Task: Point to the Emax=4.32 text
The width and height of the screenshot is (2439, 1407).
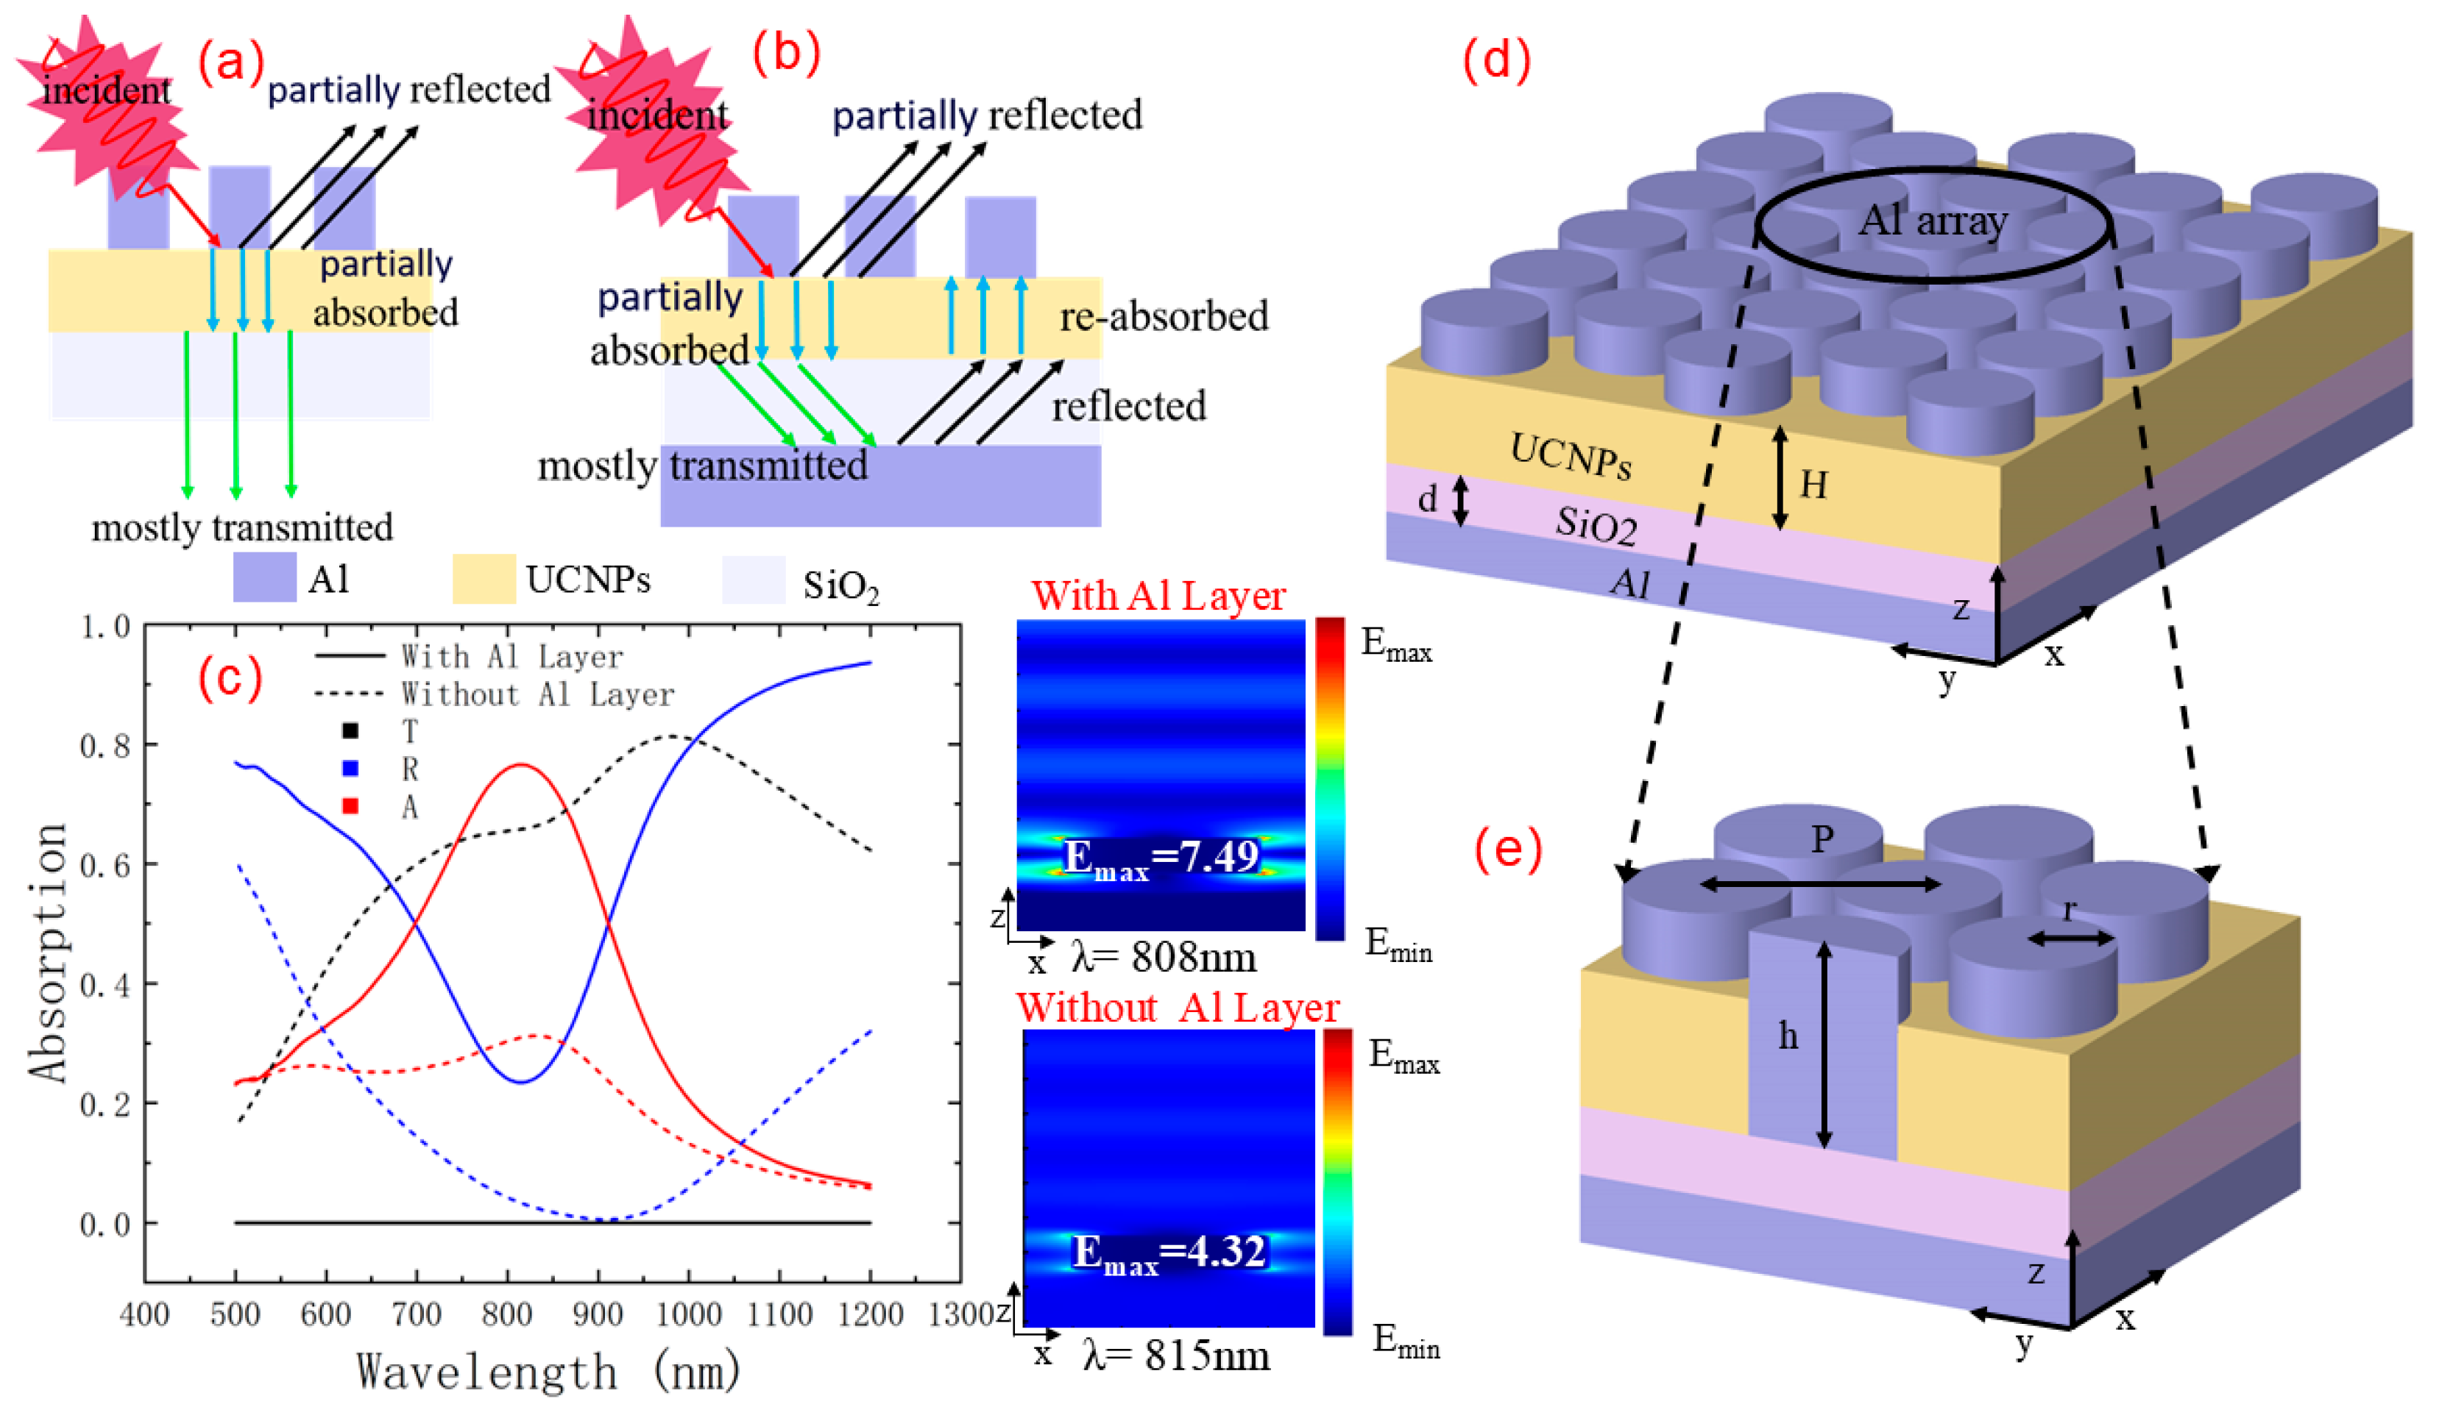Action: (1169, 1253)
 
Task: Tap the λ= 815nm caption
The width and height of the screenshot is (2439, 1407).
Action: (1175, 1355)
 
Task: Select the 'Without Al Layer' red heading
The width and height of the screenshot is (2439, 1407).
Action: (1178, 1007)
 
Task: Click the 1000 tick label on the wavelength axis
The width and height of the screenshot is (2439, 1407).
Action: (688, 1314)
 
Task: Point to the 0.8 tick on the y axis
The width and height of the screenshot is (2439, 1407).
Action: (105, 746)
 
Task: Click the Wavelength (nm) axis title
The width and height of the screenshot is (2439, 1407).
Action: (548, 1371)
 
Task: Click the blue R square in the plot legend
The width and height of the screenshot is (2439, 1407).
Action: (351, 769)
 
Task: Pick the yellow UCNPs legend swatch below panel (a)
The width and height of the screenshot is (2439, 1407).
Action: (484, 580)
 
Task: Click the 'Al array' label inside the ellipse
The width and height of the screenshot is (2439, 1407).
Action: (1933, 221)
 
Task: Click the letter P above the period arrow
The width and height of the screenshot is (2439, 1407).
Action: (1822, 838)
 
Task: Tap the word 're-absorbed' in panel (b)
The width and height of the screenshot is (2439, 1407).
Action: (1164, 317)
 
